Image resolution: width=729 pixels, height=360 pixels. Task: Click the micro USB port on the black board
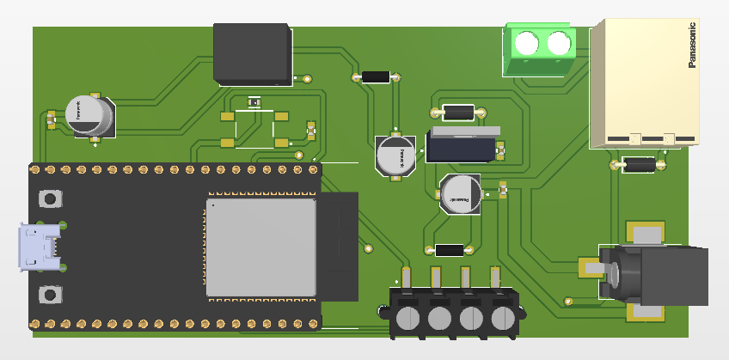(40, 247)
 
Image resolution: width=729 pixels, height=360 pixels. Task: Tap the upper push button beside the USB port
(50, 199)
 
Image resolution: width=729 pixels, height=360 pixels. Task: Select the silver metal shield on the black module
(261, 248)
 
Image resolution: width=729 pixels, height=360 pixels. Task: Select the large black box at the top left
(252, 53)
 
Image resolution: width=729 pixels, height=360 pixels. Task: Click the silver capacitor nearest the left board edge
(90, 116)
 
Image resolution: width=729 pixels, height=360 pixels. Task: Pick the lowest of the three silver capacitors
(461, 193)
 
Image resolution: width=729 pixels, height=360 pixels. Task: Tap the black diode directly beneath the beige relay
(639, 164)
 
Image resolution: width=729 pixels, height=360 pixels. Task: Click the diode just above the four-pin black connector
(449, 250)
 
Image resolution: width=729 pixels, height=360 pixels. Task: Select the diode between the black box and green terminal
(377, 76)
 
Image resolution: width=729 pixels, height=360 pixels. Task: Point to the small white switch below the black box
(254, 102)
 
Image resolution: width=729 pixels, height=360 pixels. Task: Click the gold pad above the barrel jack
(645, 233)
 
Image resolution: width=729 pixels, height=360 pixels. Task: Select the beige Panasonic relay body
(643, 82)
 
